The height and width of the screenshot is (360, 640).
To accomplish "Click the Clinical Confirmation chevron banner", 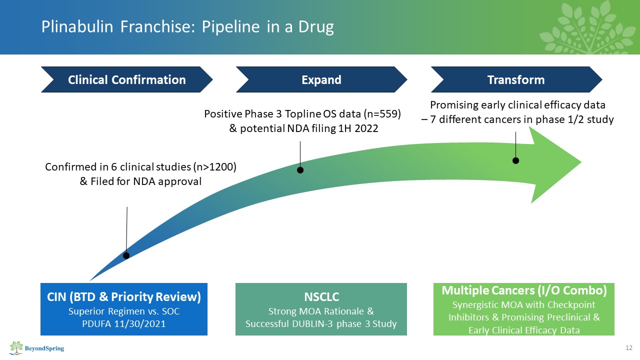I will click(126, 80).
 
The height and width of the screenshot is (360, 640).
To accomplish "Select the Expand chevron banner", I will click(321, 80).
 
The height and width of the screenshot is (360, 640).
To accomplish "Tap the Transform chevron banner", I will click(516, 80).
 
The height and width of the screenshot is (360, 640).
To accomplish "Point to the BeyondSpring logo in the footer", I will click(37, 347).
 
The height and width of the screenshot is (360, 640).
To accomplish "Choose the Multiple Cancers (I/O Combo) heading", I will click(523, 290).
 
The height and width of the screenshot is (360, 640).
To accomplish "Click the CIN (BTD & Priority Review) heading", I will click(123, 297).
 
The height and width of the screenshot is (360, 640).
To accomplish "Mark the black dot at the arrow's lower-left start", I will click(126, 255).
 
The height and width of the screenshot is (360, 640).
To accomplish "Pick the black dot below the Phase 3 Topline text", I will click(300, 170).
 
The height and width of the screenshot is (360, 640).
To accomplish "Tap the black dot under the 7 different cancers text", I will click(515, 160).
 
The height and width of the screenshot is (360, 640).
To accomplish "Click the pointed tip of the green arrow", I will click(581, 161).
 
